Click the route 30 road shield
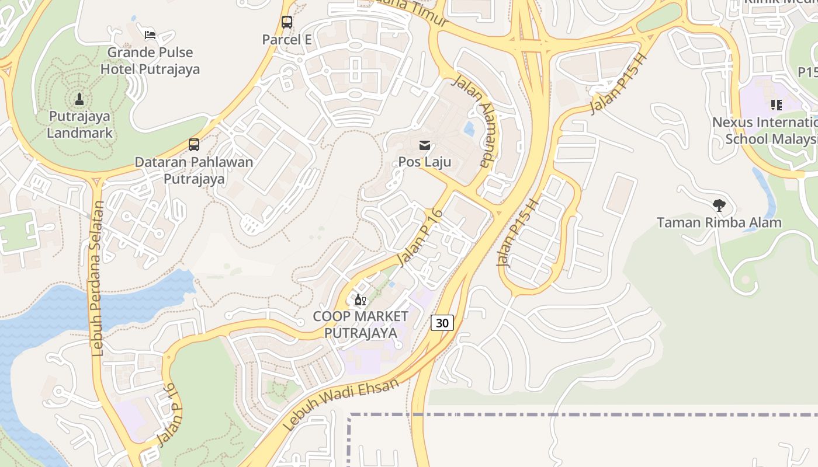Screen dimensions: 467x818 point(442,322)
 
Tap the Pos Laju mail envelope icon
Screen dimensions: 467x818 point(425,145)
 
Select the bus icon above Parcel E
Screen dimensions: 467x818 point(286,22)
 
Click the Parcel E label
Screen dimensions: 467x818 point(286,40)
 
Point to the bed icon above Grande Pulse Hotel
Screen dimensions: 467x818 point(150,34)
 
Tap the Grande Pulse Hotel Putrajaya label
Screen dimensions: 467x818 point(150,61)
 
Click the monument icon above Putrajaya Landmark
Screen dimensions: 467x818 point(80,99)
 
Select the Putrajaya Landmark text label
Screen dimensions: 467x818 point(79,124)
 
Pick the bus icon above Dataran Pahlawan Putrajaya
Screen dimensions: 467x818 point(194,144)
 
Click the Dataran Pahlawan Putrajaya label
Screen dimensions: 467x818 point(194,170)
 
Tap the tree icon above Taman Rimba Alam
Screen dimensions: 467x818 point(719,205)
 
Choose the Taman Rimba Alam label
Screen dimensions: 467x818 point(719,222)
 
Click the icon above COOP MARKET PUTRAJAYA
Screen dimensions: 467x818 point(360,300)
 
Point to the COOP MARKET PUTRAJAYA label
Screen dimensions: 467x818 point(361,325)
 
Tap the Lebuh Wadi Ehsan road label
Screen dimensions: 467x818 point(341,405)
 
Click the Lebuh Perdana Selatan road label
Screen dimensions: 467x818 point(98,279)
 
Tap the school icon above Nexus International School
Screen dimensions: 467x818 point(776,105)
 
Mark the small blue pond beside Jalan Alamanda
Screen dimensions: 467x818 point(469,129)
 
